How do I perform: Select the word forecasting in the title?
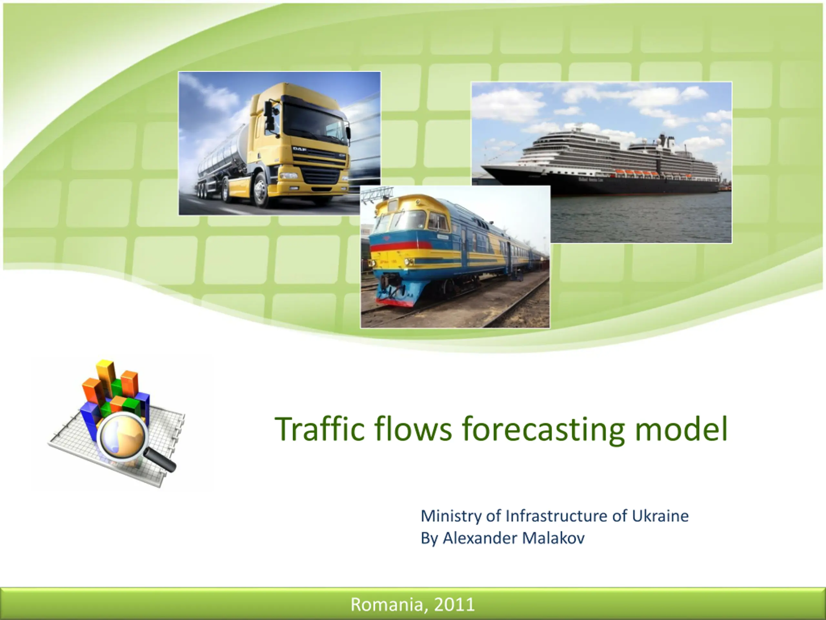point(543,430)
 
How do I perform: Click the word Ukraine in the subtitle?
point(660,516)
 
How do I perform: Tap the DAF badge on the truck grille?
point(300,149)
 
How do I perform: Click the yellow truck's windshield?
point(314,121)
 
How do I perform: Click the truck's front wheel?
point(261,190)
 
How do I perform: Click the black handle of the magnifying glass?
point(160,460)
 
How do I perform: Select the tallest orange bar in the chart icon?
point(106,377)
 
